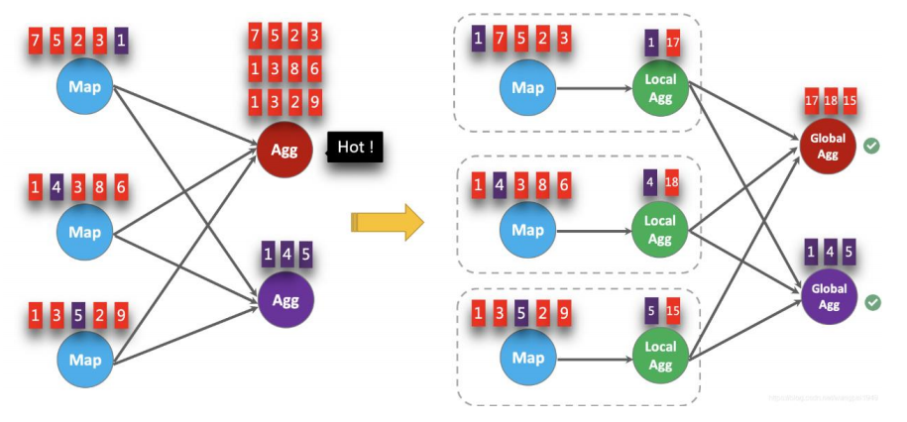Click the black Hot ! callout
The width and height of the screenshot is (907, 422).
[355, 149]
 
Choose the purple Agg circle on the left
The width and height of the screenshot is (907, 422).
[284, 297]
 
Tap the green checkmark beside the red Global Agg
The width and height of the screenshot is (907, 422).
[871, 147]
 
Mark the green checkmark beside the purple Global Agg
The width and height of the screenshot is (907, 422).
[872, 301]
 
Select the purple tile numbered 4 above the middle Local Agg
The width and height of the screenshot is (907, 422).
[650, 183]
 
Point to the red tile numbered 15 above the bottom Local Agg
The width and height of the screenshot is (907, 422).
[673, 312]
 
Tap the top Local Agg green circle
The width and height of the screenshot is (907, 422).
[660, 86]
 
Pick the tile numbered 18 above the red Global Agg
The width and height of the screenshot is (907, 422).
[831, 104]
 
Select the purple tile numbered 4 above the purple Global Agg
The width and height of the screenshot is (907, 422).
[831, 252]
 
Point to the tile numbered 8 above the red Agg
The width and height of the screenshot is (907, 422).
[293, 68]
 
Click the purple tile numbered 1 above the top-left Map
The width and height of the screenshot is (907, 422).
[121, 42]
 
